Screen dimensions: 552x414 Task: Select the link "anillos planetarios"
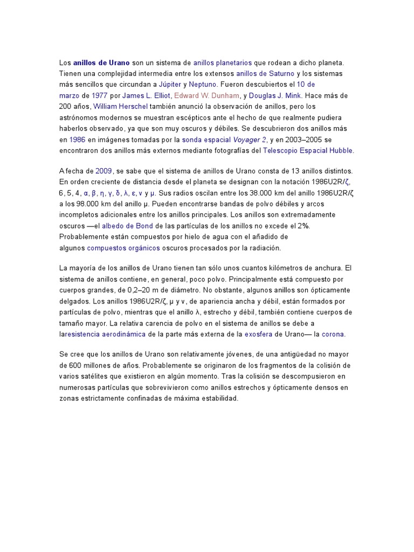coord(223,63)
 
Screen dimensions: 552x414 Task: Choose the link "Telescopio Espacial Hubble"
coord(308,151)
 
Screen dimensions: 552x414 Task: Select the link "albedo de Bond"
coord(128,226)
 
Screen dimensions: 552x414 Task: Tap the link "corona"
coord(333,334)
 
